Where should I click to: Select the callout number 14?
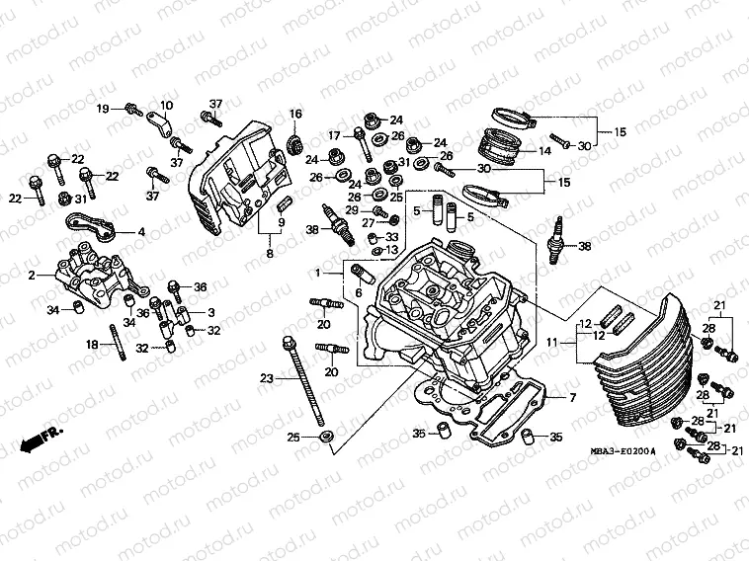tap(544, 151)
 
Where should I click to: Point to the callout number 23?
tap(265, 378)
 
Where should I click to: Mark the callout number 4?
tap(142, 232)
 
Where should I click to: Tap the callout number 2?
tap(32, 275)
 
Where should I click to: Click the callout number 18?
tap(92, 345)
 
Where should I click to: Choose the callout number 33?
tap(392, 237)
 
